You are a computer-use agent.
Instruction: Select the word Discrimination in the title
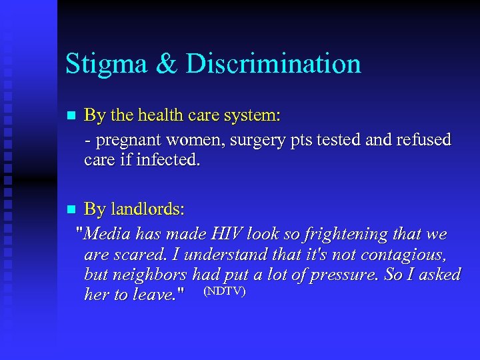click(273, 65)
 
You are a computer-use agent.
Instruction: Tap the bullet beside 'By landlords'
click(71, 210)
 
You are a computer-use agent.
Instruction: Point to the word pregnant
click(125, 141)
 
